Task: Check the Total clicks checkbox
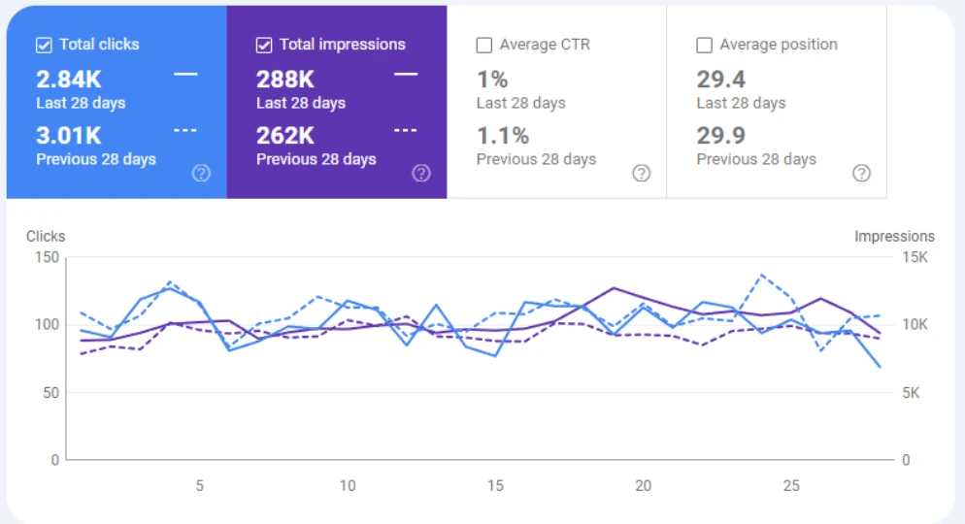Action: pos(44,45)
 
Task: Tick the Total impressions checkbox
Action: pos(264,45)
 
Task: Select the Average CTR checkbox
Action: pos(484,45)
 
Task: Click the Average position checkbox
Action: pos(705,45)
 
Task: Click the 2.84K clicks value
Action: pos(68,80)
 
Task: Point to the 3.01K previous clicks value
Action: pos(68,136)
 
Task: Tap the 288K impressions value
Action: pos(284,80)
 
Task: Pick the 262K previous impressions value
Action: pos(284,136)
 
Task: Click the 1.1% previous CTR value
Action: pos(502,136)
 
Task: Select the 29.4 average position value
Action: pos(721,80)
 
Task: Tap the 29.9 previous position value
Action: pos(721,136)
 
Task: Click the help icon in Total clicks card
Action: pos(201,174)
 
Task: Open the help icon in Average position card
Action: pos(861,174)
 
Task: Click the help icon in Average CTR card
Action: pos(641,174)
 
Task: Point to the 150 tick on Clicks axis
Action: pos(47,257)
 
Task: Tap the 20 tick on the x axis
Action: pos(643,485)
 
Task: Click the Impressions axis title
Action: pos(894,236)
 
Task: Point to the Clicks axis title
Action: pos(46,236)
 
